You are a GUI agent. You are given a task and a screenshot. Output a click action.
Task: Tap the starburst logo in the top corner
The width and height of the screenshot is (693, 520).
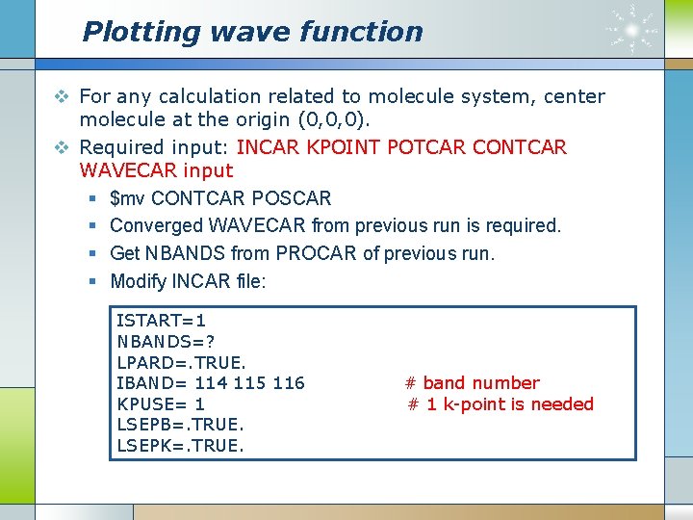(632, 30)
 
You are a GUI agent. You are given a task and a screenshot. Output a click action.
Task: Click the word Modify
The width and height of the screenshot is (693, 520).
(139, 281)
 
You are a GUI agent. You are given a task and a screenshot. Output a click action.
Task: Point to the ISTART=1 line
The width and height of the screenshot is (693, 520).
(161, 320)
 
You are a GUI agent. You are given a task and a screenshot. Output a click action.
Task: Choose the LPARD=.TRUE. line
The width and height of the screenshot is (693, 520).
(181, 362)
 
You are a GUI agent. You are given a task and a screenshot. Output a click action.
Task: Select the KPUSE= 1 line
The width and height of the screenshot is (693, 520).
(160, 404)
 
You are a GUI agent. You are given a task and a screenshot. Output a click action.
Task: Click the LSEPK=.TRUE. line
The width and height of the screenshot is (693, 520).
(180, 445)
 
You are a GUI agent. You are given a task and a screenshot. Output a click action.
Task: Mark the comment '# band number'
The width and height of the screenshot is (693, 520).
(472, 383)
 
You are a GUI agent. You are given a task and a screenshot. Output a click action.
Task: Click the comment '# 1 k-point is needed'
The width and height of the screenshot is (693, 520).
(500, 404)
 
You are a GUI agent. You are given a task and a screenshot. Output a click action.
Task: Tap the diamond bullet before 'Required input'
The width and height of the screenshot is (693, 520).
(61, 147)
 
